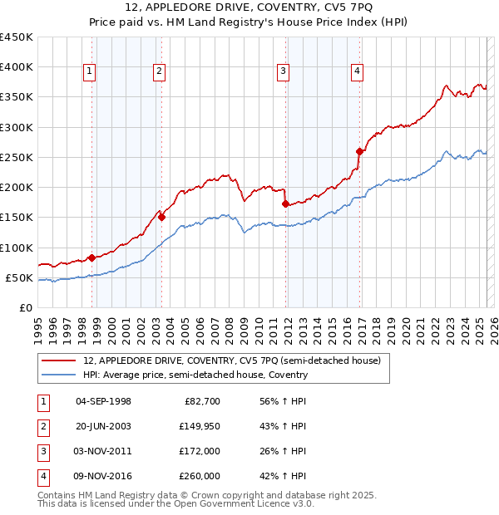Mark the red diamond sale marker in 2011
(285, 204)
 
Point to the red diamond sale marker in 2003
(162, 218)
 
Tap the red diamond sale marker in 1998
(91, 257)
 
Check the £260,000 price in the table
(200, 476)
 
